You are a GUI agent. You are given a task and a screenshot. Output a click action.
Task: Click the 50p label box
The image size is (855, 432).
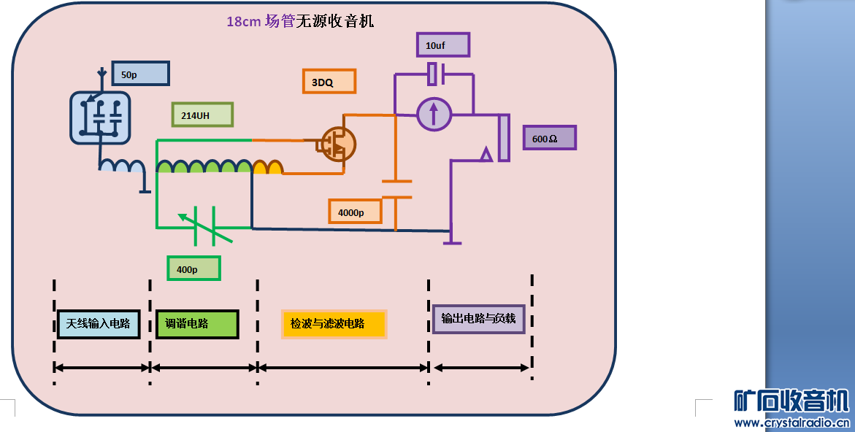click(x=140, y=74)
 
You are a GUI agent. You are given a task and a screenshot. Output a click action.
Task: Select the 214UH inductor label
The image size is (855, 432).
click(x=202, y=115)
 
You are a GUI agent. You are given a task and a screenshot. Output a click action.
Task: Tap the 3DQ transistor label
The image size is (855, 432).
click(x=329, y=82)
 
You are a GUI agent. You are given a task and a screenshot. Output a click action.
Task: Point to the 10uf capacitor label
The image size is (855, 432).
click(x=442, y=45)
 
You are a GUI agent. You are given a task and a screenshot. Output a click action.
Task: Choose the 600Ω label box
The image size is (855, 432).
click(x=549, y=138)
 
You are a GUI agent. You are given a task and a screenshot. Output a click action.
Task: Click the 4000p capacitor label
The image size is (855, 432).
click(x=355, y=212)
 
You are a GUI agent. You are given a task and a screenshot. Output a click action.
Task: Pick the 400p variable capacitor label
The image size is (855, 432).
click(x=193, y=269)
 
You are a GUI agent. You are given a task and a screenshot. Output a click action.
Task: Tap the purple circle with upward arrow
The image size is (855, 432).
click(x=434, y=113)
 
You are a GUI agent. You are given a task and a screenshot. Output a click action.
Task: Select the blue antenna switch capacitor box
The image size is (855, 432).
click(x=100, y=117)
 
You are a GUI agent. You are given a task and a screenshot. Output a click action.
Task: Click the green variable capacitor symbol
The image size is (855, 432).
click(x=205, y=223)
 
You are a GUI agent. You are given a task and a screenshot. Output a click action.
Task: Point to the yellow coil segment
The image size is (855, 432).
click(x=268, y=168)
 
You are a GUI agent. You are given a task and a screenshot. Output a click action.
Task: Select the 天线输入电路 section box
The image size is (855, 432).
click(x=98, y=323)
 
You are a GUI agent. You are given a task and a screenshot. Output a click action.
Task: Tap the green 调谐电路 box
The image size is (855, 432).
click(x=197, y=324)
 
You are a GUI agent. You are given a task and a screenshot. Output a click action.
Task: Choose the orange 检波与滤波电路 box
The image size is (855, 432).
click(x=334, y=323)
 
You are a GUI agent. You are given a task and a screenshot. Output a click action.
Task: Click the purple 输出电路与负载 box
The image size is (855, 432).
click(x=478, y=319)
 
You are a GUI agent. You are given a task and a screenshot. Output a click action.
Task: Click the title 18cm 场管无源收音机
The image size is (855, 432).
click(x=300, y=21)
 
